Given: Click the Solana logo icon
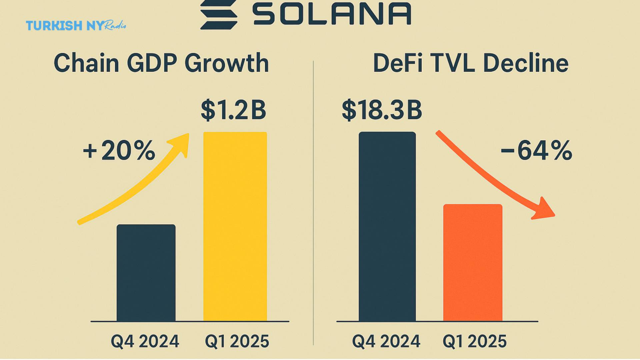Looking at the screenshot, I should (x=219, y=14).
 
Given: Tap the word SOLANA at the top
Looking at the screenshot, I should (x=332, y=14).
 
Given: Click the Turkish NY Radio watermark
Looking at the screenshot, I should (x=76, y=25).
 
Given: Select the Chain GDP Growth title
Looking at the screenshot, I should (x=161, y=63).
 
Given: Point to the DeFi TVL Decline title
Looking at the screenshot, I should (x=471, y=63).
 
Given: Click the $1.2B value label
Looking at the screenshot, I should (x=233, y=110).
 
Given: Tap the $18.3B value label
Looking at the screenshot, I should (x=382, y=110).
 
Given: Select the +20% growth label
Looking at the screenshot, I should (x=119, y=151).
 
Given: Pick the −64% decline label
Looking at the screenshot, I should (x=537, y=151).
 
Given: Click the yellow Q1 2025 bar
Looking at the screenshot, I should (x=235, y=227).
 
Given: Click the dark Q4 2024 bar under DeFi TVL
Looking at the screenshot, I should (x=387, y=227).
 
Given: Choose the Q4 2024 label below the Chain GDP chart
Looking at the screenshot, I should (x=145, y=341).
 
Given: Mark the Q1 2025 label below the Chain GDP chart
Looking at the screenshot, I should (x=237, y=341).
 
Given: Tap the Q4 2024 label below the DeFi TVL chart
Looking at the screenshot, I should (x=386, y=341).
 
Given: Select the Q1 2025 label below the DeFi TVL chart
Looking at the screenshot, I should (x=474, y=341).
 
